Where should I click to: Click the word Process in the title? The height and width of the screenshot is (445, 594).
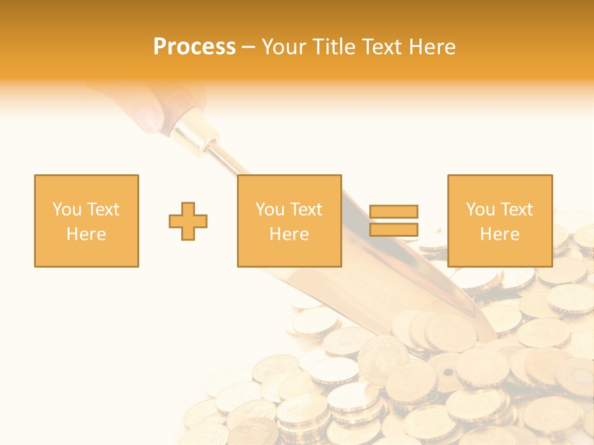[x=194, y=47]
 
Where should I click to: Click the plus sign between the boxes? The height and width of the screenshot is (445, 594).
[x=188, y=221]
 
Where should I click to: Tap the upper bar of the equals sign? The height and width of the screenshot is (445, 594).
[x=394, y=211]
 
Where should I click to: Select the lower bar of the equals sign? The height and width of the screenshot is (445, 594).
[x=394, y=229]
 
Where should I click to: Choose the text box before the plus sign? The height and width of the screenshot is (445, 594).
[x=87, y=221]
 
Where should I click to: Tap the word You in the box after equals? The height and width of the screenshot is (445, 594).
[x=480, y=210]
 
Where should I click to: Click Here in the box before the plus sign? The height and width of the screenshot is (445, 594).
[x=87, y=234]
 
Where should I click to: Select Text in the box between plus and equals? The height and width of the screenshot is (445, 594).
[x=307, y=210]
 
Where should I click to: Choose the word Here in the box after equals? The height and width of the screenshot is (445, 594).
[x=499, y=234]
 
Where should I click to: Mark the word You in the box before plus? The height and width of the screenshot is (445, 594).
[x=67, y=210]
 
